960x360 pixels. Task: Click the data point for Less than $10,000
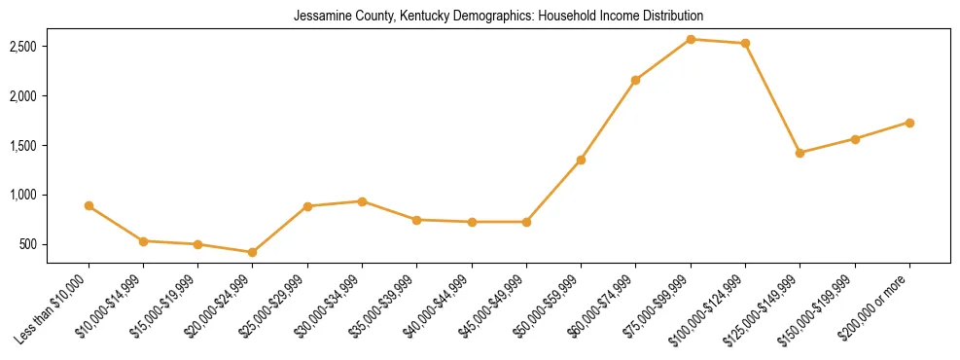(89, 205)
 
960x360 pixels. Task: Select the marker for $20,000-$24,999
(253, 252)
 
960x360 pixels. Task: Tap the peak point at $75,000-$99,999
(691, 39)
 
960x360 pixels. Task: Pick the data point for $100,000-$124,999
(745, 43)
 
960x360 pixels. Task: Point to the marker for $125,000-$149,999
(800, 153)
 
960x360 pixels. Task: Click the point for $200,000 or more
(909, 123)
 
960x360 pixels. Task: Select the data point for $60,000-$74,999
(635, 80)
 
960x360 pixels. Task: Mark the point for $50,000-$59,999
(581, 160)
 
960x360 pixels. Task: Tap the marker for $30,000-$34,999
(362, 201)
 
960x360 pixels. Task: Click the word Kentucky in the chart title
(411, 16)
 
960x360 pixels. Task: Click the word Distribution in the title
(672, 16)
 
